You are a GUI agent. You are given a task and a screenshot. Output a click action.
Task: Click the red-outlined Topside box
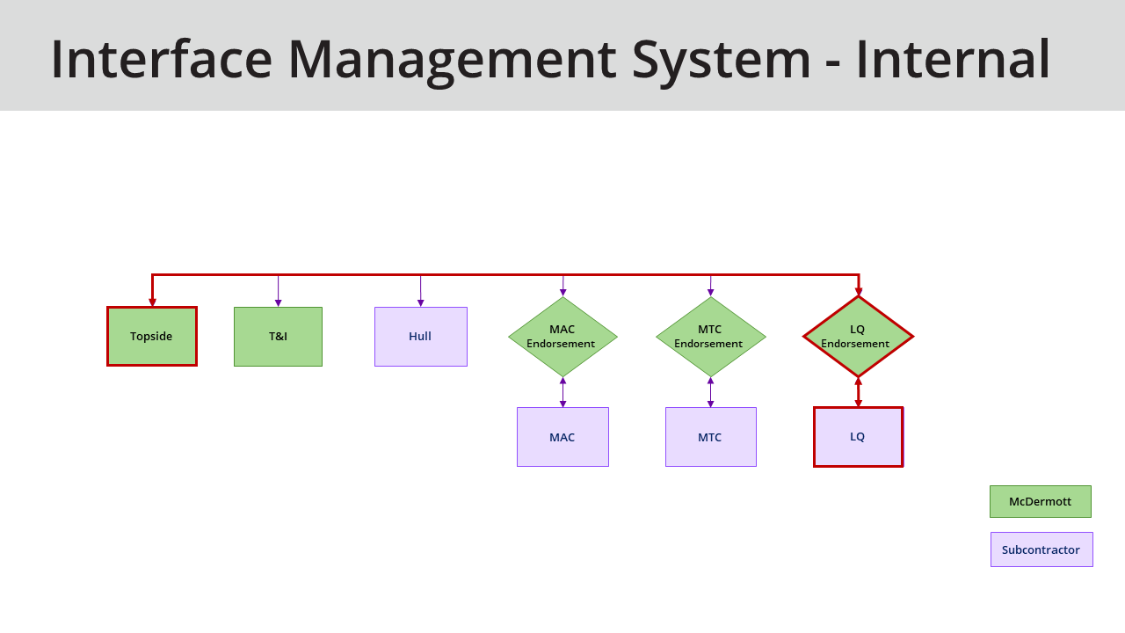click(x=151, y=336)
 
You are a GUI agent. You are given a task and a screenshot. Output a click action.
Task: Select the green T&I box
click(x=278, y=336)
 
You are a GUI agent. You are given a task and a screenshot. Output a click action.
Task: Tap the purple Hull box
click(x=420, y=336)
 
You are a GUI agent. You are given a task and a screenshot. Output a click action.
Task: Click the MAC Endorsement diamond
click(x=562, y=337)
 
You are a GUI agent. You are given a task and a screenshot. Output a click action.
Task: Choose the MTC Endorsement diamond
click(x=710, y=337)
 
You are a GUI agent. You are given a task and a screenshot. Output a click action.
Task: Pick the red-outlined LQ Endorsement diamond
click(x=858, y=337)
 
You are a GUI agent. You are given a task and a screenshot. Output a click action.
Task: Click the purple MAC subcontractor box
click(x=562, y=437)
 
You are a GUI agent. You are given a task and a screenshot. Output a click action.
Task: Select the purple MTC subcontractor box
click(x=710, y=437)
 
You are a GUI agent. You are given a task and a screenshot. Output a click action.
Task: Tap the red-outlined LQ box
click(x=858, y=437)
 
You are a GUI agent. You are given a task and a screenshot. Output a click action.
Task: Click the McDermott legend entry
click(x=1040, y=501)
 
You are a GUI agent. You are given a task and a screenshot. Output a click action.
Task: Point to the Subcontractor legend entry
click(x=1042, y=549)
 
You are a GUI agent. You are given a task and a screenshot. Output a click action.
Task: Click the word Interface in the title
click(x=161, y=58)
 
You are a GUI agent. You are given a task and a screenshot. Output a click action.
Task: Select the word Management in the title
click(x=452, y=58)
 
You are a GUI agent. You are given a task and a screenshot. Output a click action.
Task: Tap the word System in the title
click(x=721, y=58)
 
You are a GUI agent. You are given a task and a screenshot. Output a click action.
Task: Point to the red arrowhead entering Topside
click(x=152, y=302)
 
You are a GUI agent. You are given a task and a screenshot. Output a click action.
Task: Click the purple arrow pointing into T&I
click(x=278, y=302)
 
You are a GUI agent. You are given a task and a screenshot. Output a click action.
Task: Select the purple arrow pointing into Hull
click(x=420, y=302)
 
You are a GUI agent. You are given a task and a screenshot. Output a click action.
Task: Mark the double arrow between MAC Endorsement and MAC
click(x=562, y=392)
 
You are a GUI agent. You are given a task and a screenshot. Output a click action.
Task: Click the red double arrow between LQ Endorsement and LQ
click(x=858, y=392)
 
